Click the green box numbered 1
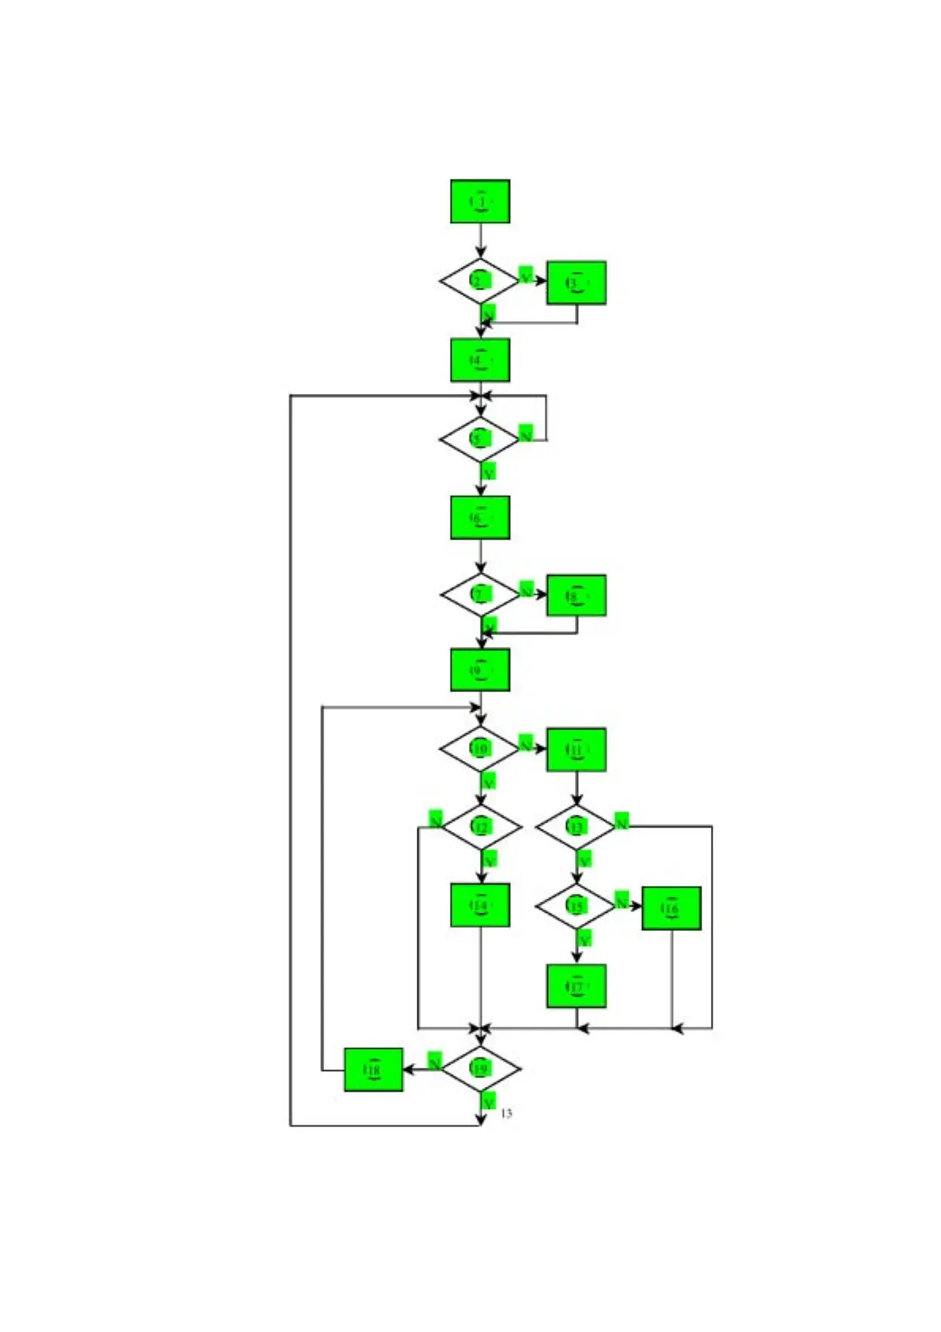click(480, 202)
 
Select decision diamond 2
click(479, 280)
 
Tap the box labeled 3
click(576, 282)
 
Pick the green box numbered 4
click(480, 360)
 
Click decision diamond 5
click(479, 438)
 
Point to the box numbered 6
click(480, 517)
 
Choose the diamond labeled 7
click(480, 594)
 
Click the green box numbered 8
click(576, 596)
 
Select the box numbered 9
click(480, 670)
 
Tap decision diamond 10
click(480, 747)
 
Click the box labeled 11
click(576, 749)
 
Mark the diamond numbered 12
click(481, 827)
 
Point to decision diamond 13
click(576, 827)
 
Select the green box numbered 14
click(480, 905)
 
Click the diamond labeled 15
click(576, 906)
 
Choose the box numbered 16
click(671, 908)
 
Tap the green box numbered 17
click(576, 986)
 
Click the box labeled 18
click(373, 1069)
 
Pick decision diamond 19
click(480, 1069)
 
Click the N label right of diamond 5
click(526, 433)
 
